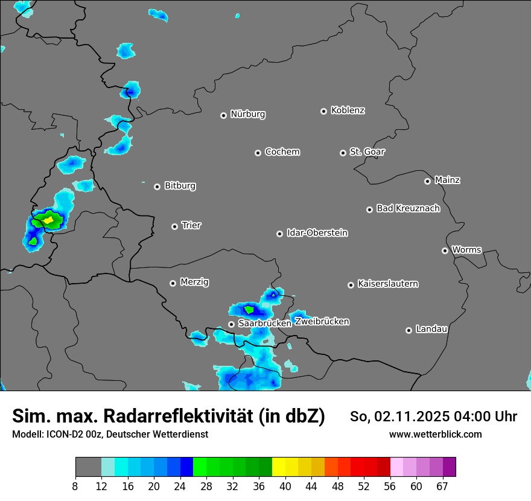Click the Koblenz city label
point(348,110)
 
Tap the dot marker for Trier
point(175,226)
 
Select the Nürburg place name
point(247,114)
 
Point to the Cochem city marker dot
point(258,153)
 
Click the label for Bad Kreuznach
point(408,208)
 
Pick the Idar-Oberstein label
point(317,233)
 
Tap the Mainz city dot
point(427,181)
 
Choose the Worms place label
point(466,250)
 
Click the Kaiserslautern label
point(387,284)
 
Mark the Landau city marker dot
point(409,330)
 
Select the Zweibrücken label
point(322,322)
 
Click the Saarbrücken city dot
point(231,324)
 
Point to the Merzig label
point(194,282)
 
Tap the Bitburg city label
point(180,186)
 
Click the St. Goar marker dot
point(343,153)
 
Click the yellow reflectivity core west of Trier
point(48,220)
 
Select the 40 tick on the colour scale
point(285,486)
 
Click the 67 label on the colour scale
point(442,486)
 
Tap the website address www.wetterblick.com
point(435,434)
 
